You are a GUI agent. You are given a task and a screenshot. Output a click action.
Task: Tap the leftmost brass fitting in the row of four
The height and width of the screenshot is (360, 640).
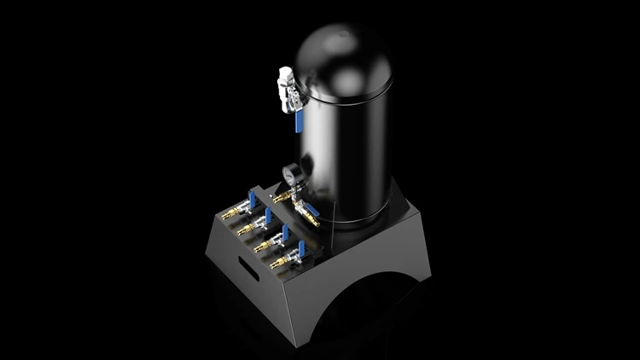(x=228, y=215)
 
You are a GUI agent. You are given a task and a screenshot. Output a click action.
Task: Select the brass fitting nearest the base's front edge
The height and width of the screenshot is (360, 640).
(x=277, y=264)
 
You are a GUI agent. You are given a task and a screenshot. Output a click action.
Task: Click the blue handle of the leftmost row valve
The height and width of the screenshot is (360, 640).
(x=253, y=198)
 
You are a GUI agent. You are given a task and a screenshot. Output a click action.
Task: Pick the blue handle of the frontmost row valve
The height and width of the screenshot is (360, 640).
(x=300, y=248)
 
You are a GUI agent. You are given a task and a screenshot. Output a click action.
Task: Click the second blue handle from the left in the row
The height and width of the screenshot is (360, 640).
(x=269, y=215)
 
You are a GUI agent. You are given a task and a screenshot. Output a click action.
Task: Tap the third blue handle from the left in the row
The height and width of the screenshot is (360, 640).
(x=286, y=232)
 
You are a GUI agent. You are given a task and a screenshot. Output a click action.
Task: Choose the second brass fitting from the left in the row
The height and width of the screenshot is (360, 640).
(x=243, y=230)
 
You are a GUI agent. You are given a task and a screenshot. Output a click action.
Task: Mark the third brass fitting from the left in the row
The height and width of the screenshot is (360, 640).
(x=260, y=247)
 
